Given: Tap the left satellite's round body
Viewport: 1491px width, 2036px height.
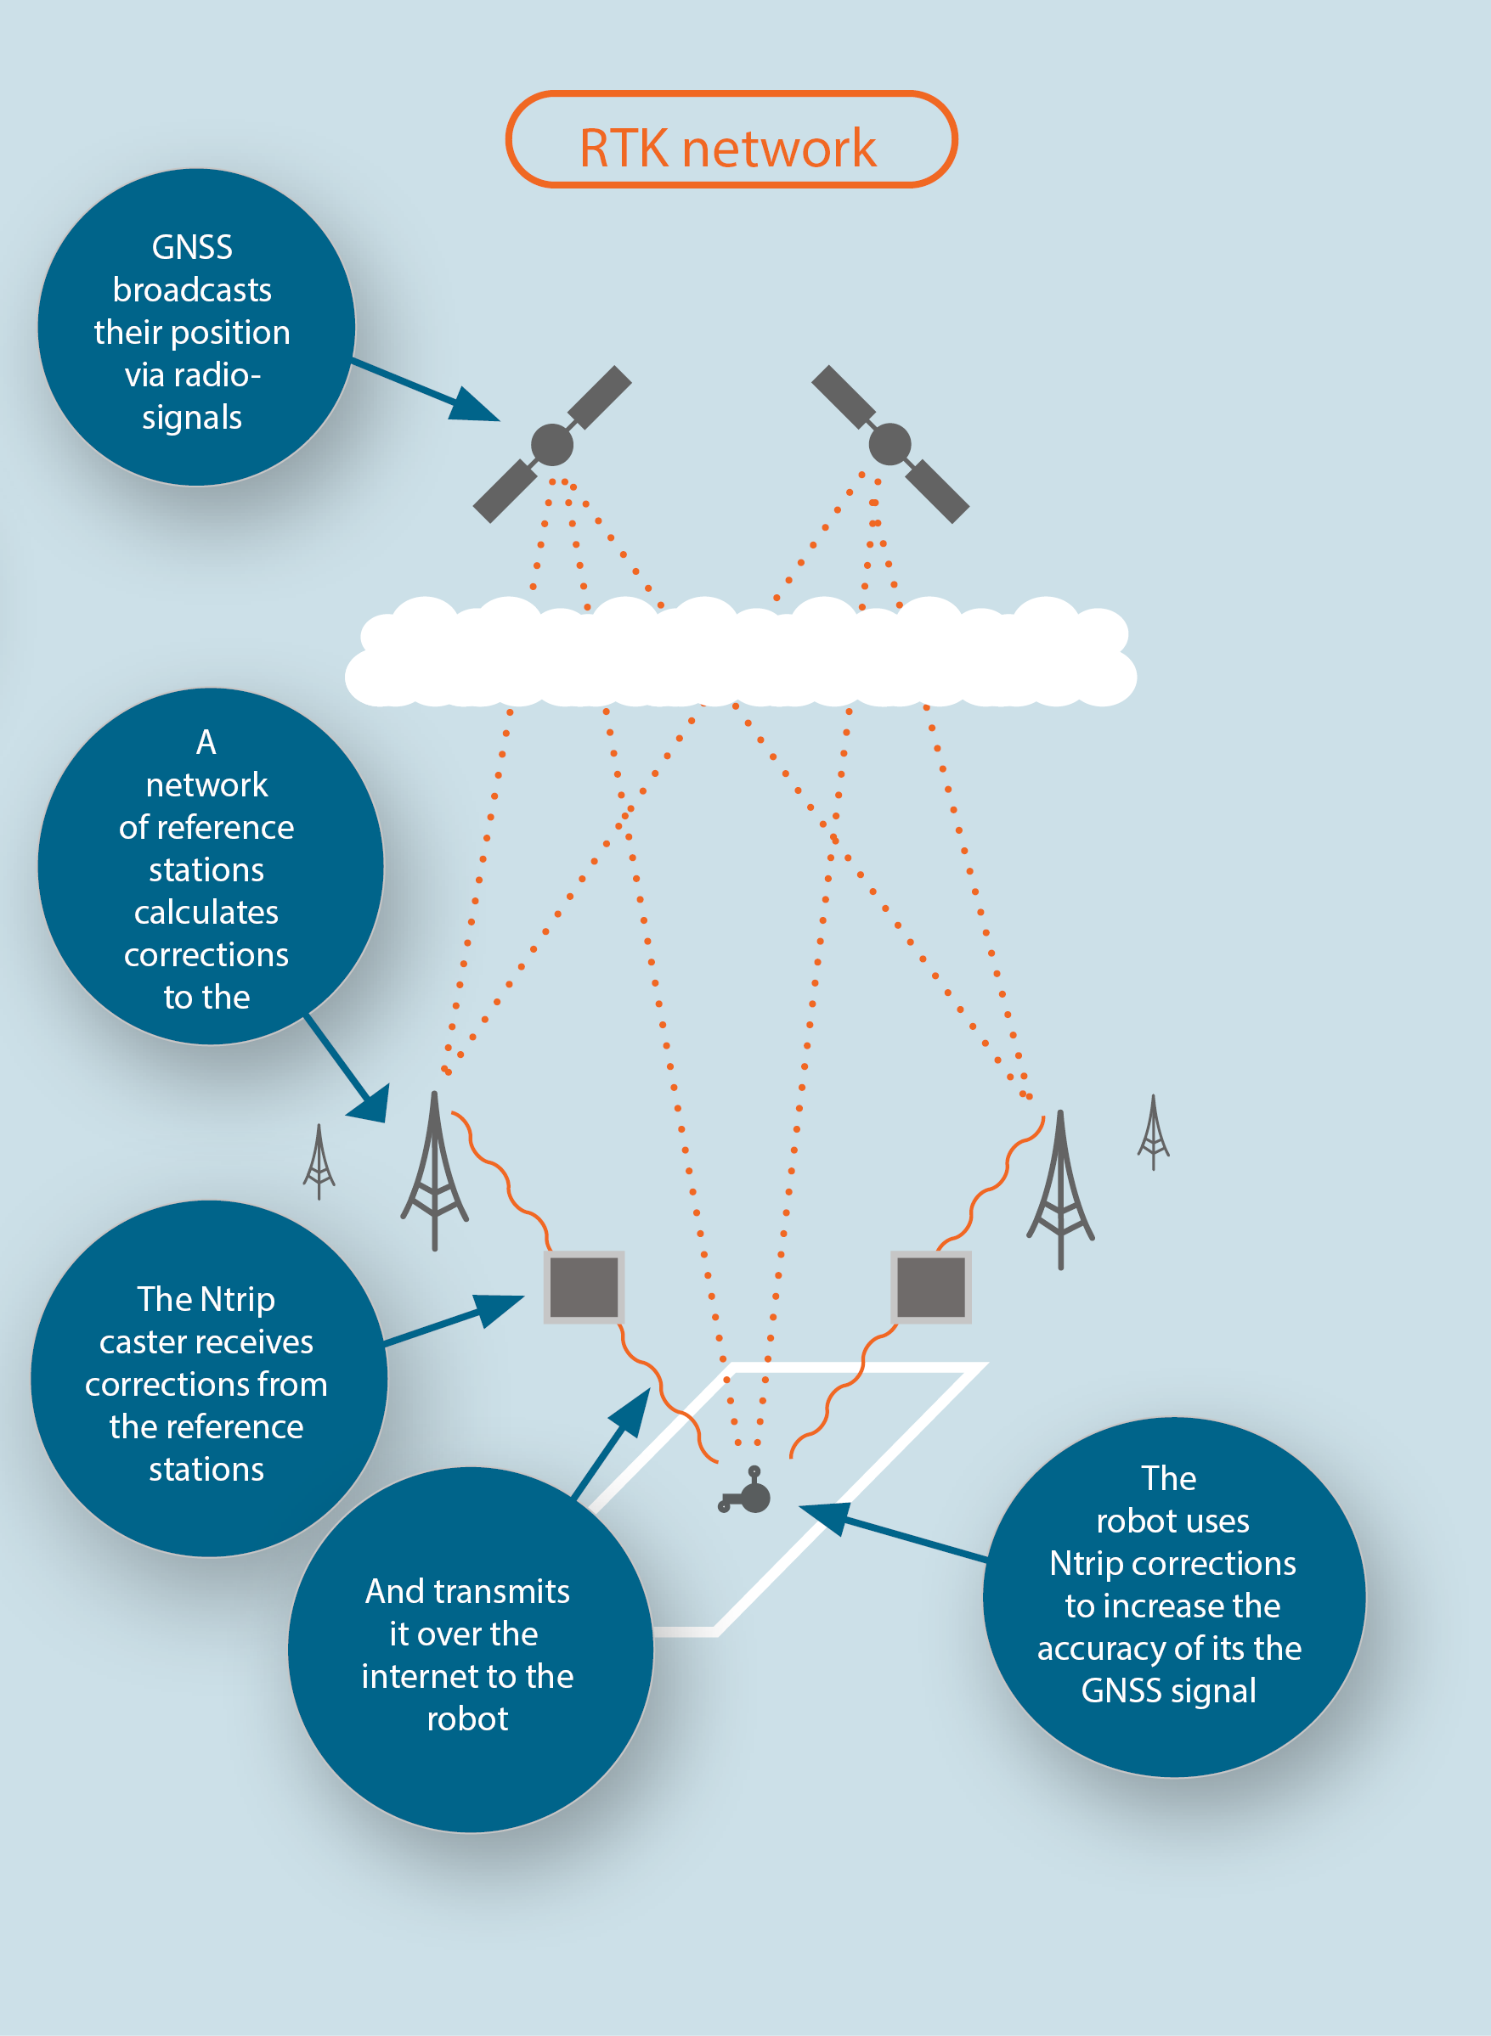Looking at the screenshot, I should point(552,444).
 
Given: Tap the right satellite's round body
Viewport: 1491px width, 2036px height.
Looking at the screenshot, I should point(890,444).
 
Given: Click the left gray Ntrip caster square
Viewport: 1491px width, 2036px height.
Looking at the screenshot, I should point(584,1287).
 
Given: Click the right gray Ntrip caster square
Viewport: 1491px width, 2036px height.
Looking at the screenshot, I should point(930,1287).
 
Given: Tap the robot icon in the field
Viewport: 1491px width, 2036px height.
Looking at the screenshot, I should point(749,1493).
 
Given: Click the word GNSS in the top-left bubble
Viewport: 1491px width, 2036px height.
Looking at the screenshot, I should point(192,247).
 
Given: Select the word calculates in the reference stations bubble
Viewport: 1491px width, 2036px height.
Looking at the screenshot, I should point(206,912).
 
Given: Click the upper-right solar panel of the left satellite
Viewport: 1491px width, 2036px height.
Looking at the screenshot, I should point(599,397).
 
